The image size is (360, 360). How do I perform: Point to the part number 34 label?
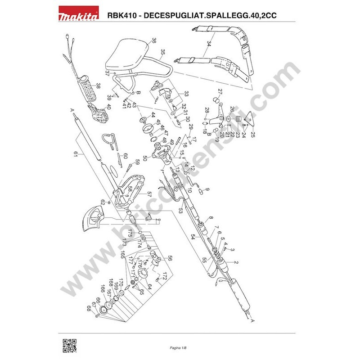point(209,44)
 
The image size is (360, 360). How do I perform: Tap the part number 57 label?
point(149,195)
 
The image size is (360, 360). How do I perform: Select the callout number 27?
point(220,92)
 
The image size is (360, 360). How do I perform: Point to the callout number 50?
point(145,158)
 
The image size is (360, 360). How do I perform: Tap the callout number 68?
point(89,308)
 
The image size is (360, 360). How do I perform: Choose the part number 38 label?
point(98,85)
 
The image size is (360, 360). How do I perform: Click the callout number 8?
point(211,219)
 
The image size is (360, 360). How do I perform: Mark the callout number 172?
point(165,274)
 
